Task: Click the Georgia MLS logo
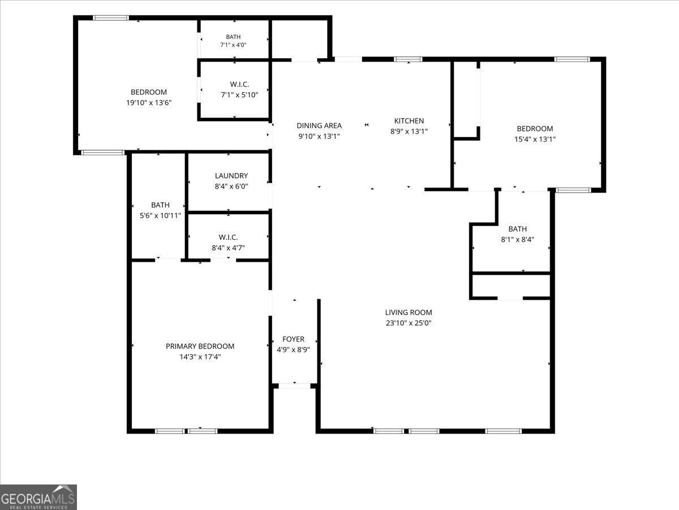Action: click(x=38, y=497)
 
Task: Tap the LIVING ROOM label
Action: click(x=409, y=312)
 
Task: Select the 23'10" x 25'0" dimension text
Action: click(x=409, y=323)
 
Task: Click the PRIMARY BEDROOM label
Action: click(x=200, y=346)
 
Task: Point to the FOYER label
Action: click(x=293, y=339)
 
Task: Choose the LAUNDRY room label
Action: click(x=231, y=176)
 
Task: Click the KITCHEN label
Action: click(x=409, y=121)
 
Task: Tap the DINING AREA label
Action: click(x=319, y=125)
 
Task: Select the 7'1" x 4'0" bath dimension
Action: click(x=233, y=45)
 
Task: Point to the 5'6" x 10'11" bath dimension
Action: click(x=160, y=215)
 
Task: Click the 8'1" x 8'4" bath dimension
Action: click(x=518, y=239)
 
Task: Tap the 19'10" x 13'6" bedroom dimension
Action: click(x=149, y=103)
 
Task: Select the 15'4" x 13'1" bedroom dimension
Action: click(x=535, y=139)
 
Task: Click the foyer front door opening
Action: click(x=294, y=386)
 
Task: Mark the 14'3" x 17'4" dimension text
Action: click(x=200, y=357)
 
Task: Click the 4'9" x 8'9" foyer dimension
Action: click(x=293, y=350)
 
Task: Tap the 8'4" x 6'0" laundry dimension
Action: click(x=231, y=186)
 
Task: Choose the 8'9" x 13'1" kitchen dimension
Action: click(x=409, y=131)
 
